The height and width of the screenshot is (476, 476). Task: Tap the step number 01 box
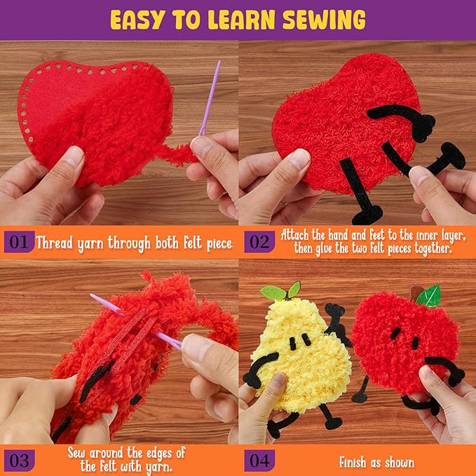click(18, 243)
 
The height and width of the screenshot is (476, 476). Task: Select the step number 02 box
click(259, 243)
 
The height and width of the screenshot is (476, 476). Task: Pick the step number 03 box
click(18, 460)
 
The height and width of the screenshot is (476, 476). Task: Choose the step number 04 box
click(259, 460)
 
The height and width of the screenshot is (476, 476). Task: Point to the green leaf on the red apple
click(428, 295)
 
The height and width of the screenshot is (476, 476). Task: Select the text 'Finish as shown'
click(376, 462)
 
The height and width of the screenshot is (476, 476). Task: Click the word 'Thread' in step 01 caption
click(55, 244)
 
